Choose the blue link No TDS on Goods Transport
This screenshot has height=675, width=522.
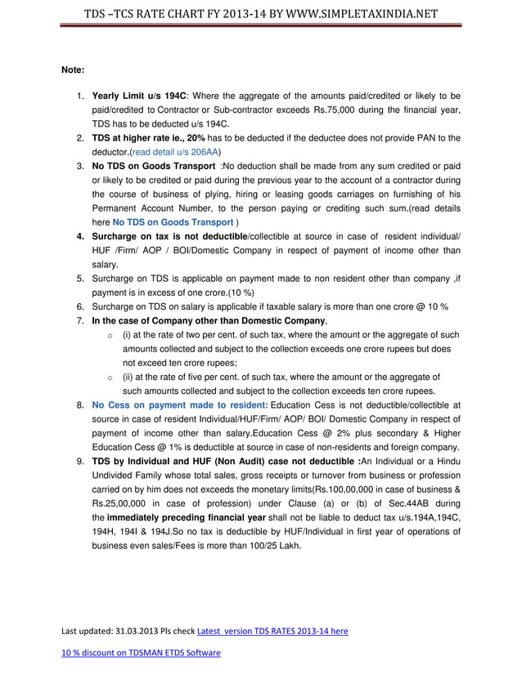click(173, 221)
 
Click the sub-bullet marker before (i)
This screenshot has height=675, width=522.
click(110, 335)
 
